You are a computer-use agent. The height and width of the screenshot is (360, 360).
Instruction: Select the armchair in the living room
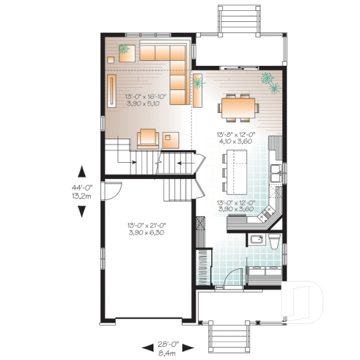click(x=147, y=138)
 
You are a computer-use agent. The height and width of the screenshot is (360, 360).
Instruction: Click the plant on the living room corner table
click(x=123, y=49)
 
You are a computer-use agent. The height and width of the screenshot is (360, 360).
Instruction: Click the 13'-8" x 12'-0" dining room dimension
click(x=239, y=139)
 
